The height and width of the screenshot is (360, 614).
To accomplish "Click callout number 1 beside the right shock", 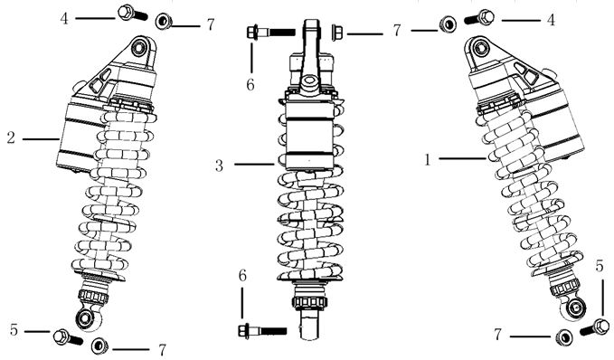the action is tap(428, 159).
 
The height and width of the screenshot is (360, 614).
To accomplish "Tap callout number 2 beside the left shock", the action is tap(11, 137).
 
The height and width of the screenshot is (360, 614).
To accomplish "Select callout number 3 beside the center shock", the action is tap(219, 166).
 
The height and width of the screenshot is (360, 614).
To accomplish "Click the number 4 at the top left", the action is tap(64, 18).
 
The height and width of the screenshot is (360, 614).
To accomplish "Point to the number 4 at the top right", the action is tap(551, 20).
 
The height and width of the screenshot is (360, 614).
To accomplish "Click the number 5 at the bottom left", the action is tap(14, 330).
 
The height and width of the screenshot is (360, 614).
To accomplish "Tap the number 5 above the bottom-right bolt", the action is tap(600, 266).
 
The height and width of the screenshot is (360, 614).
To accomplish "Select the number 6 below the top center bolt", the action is tap(250, 84).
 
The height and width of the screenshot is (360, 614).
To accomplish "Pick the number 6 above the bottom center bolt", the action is tap(242, 276).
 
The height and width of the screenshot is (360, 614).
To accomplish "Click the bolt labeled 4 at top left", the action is tap(132, 13).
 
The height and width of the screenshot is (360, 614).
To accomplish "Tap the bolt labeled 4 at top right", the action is tap(479, 17).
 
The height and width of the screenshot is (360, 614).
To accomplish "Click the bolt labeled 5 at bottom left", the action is tap(68, 337).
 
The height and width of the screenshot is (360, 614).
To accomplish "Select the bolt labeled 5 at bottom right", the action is tap(595, 327).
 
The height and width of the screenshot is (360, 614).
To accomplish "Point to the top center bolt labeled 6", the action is tap(271, 32).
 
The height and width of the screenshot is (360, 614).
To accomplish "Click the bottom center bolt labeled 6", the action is tap(262, 331).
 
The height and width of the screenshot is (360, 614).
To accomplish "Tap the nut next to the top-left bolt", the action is tap(164, 21).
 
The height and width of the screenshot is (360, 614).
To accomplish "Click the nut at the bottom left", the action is tap(99, 346).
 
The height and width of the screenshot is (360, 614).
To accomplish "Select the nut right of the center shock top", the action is tap(336, 33).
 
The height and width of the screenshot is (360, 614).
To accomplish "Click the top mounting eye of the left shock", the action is tap(138, 48).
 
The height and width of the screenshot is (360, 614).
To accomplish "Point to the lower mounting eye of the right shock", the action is tap(576, 308).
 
